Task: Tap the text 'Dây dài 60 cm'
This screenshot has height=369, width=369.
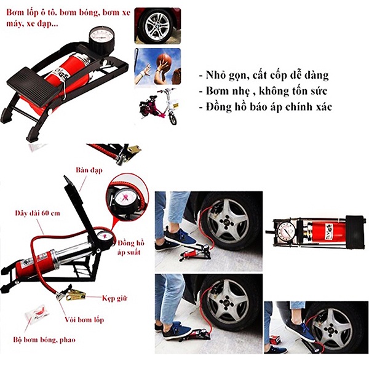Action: (x=36, y=213)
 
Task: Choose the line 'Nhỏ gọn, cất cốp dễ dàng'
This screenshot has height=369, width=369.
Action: (x=264, y=76)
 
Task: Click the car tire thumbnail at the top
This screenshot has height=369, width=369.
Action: (x=157, y=25)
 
